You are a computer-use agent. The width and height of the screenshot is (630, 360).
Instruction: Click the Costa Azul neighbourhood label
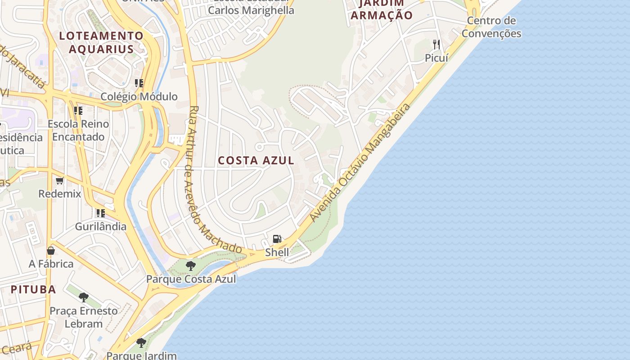tap(256, 161)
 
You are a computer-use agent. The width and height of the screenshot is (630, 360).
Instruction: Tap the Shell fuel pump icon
tap(277, 239)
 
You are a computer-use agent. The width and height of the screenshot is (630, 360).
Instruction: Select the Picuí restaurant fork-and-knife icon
tap(436, 45)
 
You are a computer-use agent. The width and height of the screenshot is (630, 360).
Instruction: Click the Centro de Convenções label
tap(491, 27)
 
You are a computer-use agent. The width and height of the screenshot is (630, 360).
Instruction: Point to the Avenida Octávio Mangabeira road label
tap(361, 162)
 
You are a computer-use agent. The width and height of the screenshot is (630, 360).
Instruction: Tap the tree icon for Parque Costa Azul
tap(191, 265)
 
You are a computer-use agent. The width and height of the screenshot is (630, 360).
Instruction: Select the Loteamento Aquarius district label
tap(101, 42)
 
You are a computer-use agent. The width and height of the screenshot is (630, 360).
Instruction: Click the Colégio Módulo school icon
tap(139, 83)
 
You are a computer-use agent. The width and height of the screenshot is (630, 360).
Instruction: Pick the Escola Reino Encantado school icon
tap(78, 110)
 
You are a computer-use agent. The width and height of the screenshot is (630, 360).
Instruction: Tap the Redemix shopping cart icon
tap(60, 181)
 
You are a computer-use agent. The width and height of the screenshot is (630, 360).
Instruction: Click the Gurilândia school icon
tap(100, 213)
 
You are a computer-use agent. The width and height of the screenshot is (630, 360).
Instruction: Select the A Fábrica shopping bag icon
tap(51, 251)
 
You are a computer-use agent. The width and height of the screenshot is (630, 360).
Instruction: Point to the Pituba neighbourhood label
tap(33, 289)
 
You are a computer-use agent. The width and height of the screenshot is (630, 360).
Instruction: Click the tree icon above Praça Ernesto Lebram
tap(83, 297)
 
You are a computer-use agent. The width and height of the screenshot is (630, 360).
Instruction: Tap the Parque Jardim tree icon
tap(141, 343)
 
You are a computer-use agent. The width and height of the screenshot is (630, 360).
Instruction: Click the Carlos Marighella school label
tap(251, 10)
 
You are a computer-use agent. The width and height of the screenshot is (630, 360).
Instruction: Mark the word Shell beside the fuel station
tap(277, 252)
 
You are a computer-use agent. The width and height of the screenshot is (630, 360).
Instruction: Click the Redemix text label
tap(59, 194)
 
